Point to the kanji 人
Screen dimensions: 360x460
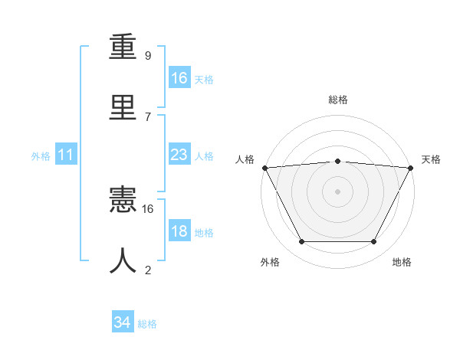pos(123,261)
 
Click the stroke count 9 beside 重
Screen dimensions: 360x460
pos(148,55)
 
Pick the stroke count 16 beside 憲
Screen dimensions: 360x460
pos(148,208)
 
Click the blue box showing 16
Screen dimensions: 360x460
pos(179,78)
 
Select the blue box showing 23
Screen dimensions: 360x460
pos(179,155)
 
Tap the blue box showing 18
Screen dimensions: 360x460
pos(179,231)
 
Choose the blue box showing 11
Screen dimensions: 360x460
pos(66,155)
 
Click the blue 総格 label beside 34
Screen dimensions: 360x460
pos(147,324)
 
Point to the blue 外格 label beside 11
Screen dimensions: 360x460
pos(41,155)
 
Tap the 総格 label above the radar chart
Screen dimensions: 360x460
pos(337,100)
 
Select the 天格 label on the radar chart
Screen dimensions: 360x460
pos(432,159)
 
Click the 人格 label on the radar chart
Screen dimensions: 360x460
pos(245,159)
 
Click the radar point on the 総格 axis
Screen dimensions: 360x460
pos(337,161)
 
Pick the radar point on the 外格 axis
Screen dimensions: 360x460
pos(301,242)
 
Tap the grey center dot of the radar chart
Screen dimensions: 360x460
pos(337,191)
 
